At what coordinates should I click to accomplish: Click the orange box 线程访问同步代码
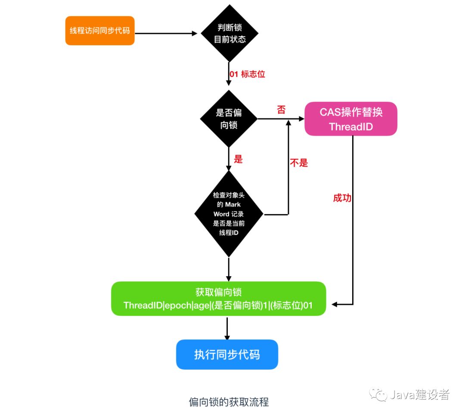(x=100, y=31)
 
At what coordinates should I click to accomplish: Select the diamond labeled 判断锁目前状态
(x=230, y=34)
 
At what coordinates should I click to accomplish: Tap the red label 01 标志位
(x=247, y=74)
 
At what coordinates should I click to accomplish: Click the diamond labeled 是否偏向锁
(x=229, y=119)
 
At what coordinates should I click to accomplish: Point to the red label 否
(x=281, y=110)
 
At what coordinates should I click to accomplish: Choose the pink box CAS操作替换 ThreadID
(x=350, y=119)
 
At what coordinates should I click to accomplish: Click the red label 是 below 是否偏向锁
(x=238, y=159)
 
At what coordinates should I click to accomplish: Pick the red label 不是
(x=299, y=163)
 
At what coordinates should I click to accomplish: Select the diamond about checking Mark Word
(x=229, y=214)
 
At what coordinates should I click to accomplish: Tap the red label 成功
(x=342, y=198)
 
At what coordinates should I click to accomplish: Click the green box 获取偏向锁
(x=218, y=299)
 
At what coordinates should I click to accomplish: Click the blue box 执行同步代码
(x=227, y=355)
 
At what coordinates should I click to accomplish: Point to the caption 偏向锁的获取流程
(x=229, y=402)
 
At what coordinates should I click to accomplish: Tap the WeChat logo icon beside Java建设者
(x=380, y=394)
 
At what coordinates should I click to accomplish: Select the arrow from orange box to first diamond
(x=168, y=33)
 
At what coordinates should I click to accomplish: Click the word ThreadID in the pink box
(x=350, y=127)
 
